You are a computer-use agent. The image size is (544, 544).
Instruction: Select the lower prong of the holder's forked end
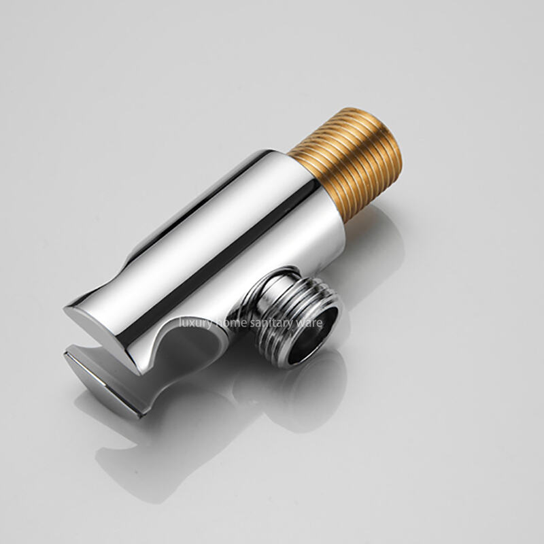tap(104, 381)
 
